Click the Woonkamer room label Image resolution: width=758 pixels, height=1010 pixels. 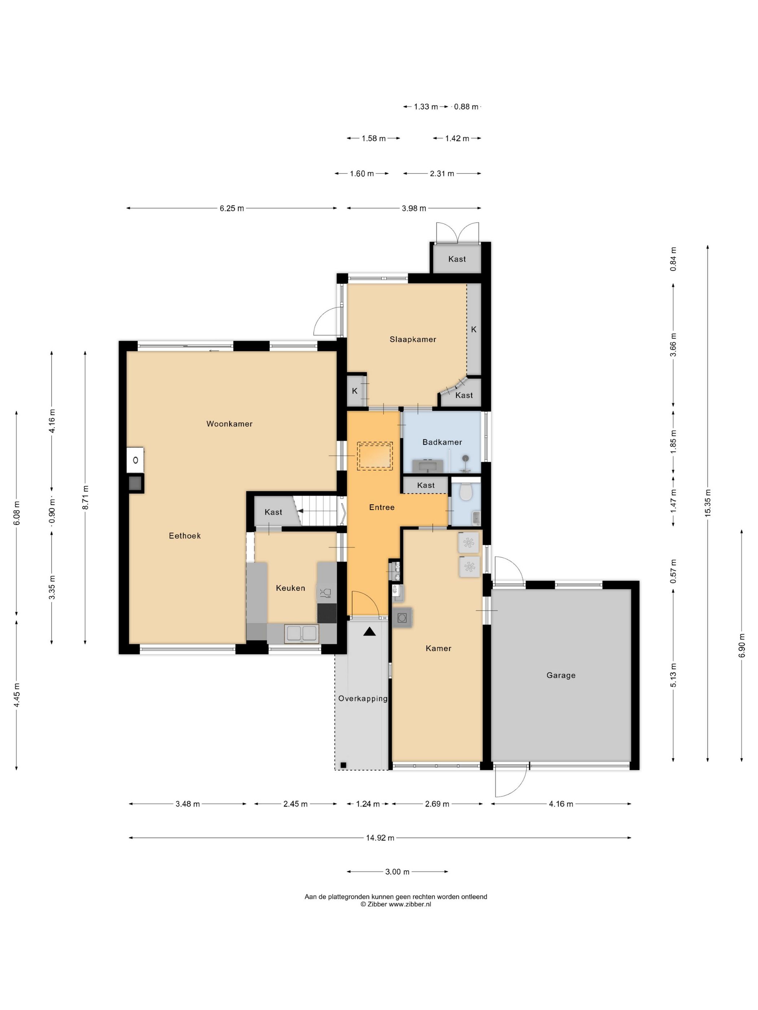(229, 424)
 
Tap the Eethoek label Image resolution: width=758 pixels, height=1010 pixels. (184, 536)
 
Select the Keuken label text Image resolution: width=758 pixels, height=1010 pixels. (290, 588)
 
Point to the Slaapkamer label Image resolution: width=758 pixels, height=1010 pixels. (413, 339)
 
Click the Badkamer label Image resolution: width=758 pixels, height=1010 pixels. (442, 442)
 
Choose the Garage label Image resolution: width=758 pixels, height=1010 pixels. (561, 675)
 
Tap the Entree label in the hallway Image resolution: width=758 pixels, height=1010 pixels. (382, 507)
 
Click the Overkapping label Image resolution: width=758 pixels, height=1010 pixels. (363, 699)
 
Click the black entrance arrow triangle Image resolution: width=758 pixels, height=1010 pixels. (369, 632)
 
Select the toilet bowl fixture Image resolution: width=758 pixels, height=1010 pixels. (466, 491)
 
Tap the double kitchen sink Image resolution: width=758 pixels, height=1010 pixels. (301, 633)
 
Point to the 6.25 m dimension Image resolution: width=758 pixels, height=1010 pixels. (232, 208)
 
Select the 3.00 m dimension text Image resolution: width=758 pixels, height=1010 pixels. (397, 871)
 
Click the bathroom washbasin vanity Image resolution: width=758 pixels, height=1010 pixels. (428, 466)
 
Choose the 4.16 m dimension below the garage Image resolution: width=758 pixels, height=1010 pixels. (561, 804)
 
